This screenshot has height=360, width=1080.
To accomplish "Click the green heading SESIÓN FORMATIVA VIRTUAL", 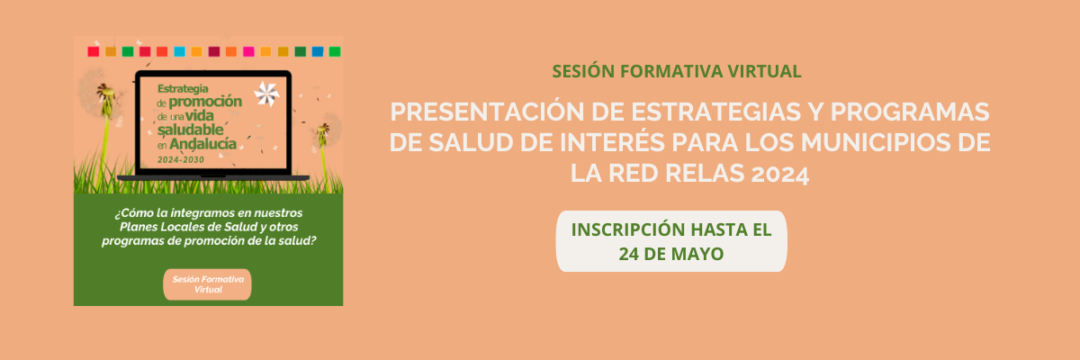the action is coord(677,71).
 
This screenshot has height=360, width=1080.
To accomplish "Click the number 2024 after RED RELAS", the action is coord(780,174).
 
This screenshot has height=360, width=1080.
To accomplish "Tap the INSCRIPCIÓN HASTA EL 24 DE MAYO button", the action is coord(671,241).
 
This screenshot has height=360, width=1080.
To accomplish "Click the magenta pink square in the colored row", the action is coord(248,51).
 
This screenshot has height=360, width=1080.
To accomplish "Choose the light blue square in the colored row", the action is coord(179,51).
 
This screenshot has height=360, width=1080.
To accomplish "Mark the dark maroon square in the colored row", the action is coord(214,51).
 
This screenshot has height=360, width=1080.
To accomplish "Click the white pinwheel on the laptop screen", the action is coord(266,94).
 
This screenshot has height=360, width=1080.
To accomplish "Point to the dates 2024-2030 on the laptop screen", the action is coord(181,159).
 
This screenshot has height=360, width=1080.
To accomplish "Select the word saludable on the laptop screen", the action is coord(191,130).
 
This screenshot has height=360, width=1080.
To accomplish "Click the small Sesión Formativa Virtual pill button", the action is coord(207,284).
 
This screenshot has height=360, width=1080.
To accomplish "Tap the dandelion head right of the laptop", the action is coord(327,130).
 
